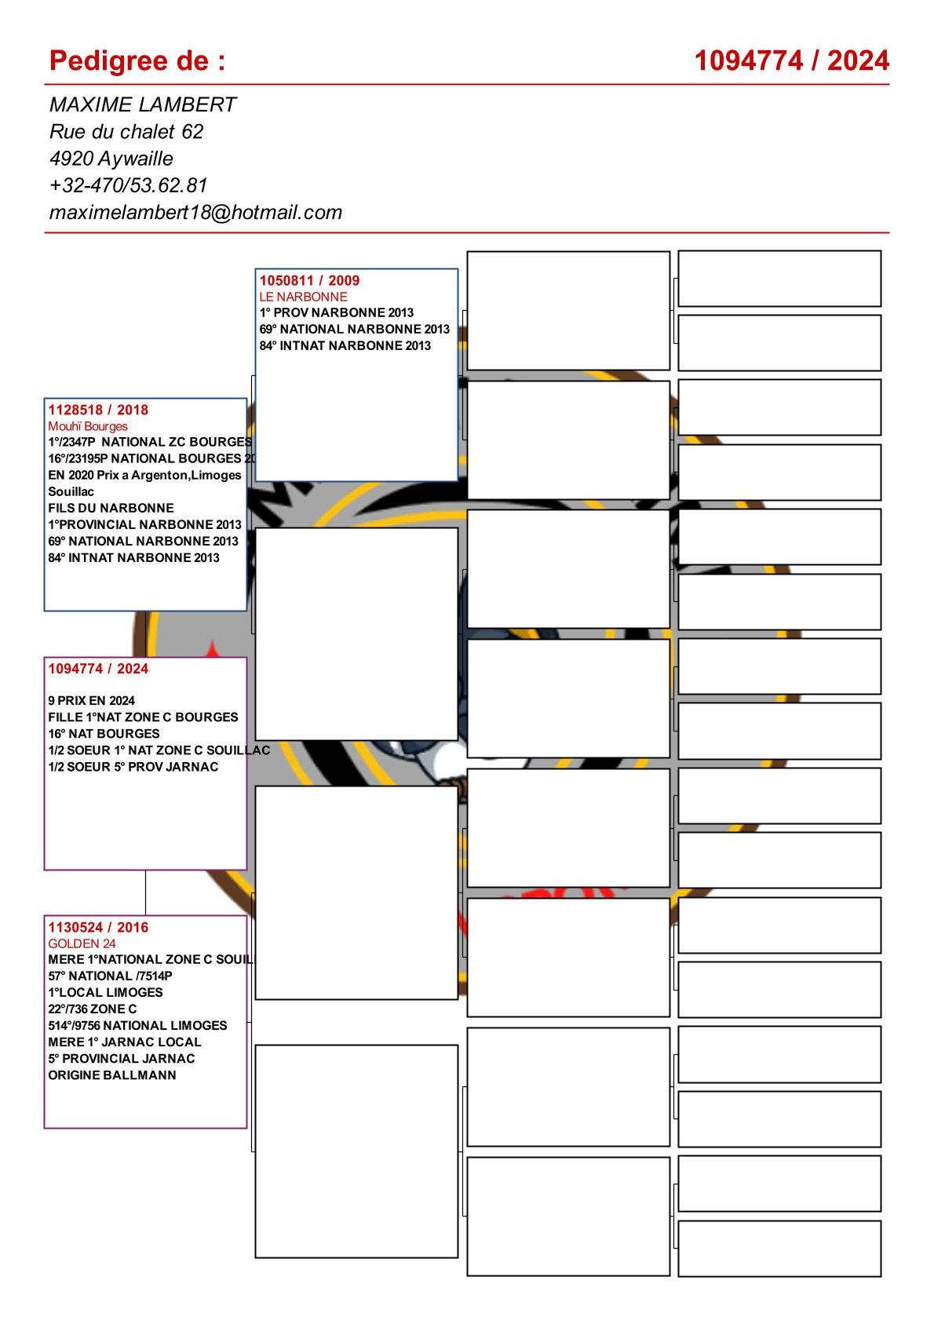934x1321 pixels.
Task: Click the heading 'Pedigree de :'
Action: click(137, 60)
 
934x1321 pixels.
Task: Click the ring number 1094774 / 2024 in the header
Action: click(791, 60)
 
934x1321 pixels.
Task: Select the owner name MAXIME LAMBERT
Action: click(143, 104)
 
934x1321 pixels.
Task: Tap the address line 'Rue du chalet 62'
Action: click(126, 131)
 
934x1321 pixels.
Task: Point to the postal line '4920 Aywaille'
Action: click(111, 159)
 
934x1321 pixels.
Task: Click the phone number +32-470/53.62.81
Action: click(128, 185)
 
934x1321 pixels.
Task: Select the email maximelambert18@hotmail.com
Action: click(195, 212)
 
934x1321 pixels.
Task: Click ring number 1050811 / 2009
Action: click(309, 280)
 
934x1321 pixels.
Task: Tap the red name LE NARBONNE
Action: click(303, 297)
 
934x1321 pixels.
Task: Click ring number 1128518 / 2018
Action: click(98, 410)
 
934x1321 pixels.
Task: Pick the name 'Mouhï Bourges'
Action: click(88, 426)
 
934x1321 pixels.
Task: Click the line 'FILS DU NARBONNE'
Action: click(111, 508)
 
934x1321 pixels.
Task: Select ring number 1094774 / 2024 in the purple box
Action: click(98, 669)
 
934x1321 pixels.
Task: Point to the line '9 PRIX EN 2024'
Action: click(91, 700)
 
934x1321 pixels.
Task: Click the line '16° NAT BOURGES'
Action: click(104, 733)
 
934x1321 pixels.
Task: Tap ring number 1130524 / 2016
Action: click(98, 927)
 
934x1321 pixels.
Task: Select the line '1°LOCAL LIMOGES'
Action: click(105, 992)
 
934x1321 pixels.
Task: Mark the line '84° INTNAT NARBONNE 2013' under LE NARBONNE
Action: click(345, 345)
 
